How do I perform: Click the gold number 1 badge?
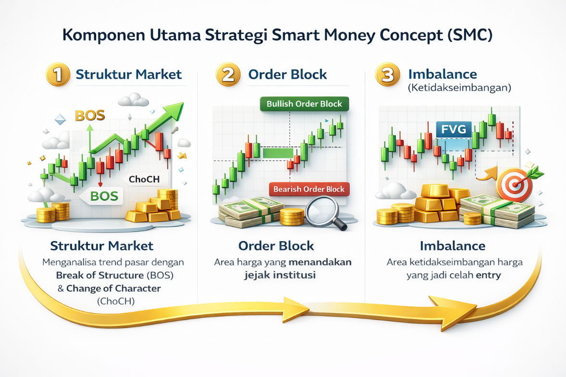tap(57, 75)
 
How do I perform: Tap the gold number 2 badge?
tap(229, 75)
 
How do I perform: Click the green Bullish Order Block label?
tap(304, 104)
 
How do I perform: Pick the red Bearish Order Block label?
tap(309, 189)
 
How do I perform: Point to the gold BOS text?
tap(90, 116)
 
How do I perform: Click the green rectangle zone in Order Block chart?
tap(278, 153)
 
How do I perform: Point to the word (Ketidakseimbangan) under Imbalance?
tap(459, 88)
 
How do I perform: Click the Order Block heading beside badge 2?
tap(287, 74)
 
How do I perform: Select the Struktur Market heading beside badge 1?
tap(129, 74)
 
